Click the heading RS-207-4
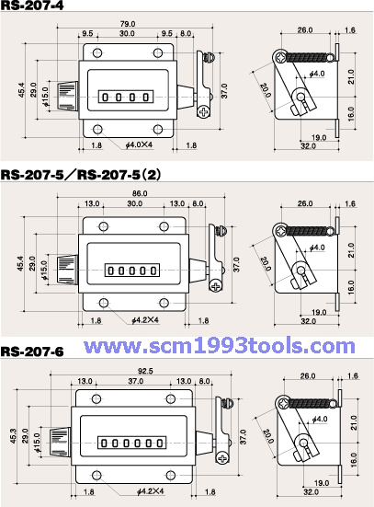[x=32, y=6]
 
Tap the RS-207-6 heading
[x=32, y=351]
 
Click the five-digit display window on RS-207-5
[x=134, y=270]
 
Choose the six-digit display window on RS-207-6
[x=137, y=442]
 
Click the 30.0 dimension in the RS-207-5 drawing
[x=134, y=204]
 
